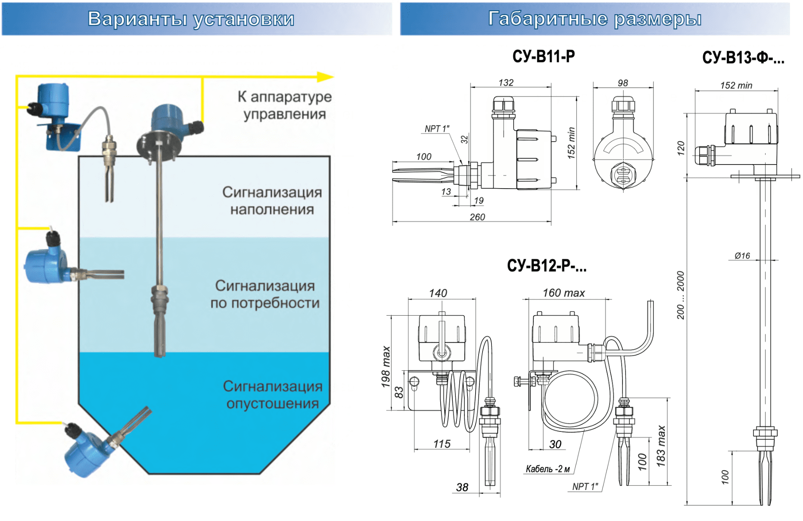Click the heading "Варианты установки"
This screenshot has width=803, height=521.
click(x=191, y=19)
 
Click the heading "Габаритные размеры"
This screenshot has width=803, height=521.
click(x=594, y=19)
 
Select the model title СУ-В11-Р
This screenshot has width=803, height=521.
click(x=543, y=56)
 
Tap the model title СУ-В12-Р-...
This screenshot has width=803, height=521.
click(x=546, y=266)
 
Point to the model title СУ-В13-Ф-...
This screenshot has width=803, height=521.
click(x=743, y=58)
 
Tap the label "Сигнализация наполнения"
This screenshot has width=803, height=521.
click(x=272, y=201)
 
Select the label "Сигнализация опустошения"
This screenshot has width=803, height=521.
click(x=272, y=395)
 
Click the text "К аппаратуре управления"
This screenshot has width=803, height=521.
click(x=284, y=105)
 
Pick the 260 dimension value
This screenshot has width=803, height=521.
click(x=477, y=217)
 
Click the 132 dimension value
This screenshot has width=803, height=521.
click(x=506, y=83)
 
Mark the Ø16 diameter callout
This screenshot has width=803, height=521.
click(x=742, y=256)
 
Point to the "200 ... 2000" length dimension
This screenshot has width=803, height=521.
click(x=681, y=295)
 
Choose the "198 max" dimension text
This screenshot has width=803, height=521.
click(x=386, y=366)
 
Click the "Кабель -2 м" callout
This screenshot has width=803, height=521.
click(x=548, y=469)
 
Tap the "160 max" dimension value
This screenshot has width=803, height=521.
click(x=563, y=293)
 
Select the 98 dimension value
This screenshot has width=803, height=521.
click(x=622, y=83)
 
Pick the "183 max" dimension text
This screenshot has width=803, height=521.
click(x=661, y=446)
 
